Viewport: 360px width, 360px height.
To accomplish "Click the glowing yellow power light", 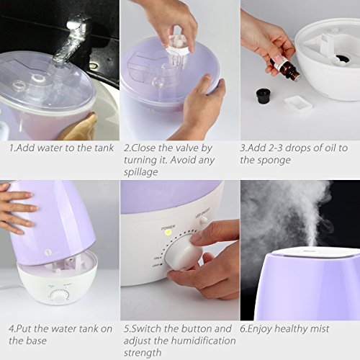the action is tap(168, 233).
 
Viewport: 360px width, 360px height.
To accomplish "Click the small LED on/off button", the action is tap(204, 220).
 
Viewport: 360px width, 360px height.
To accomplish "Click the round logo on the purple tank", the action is tap(48, 253).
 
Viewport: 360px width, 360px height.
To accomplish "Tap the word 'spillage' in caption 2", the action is tap(141, 172).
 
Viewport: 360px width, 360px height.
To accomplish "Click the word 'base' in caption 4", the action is tap(36, 341).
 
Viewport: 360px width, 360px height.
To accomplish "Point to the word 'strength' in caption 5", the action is tap(143, 353).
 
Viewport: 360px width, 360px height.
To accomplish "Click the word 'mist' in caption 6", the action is tap(320, 328).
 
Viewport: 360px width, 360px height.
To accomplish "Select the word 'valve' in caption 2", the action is tap(187, 148).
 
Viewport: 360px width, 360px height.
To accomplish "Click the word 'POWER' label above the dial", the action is tap(168, 227).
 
